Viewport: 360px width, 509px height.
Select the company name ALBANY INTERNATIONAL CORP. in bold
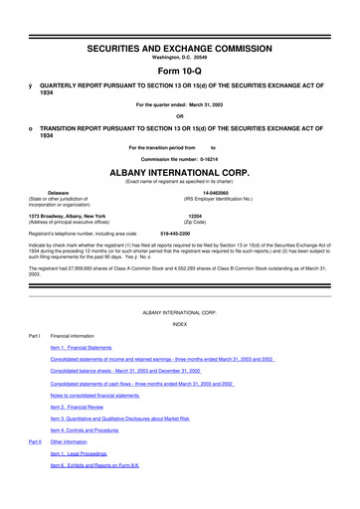coord(179,171)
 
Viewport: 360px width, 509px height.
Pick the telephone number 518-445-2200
coord(175,234)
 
